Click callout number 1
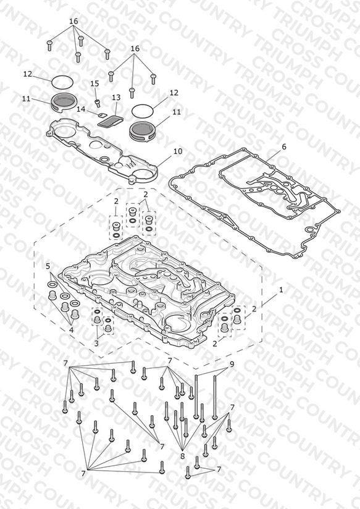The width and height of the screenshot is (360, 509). click(x=281, y=290)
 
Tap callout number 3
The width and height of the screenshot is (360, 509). click(x=96, y=343)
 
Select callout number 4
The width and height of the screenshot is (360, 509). click(x=71, y=330)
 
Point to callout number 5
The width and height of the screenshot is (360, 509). click(x=48, y=266)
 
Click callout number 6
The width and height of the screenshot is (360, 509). click(x=284, y=147)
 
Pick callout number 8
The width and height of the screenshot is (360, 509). click(x=182, y=456)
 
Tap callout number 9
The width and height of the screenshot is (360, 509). click(x=232, y=364)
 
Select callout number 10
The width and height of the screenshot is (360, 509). click(x=178, y=151)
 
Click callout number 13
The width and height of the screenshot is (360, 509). click(x=116, y=98)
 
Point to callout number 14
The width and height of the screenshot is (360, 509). click(x=81, y=109)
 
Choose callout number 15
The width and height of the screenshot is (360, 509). click(x=94, y=84)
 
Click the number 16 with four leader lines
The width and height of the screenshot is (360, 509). click(x=73, y=21)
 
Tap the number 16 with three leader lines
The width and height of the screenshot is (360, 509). click(x=135, y=48)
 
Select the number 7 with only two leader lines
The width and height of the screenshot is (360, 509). click(x=219, y=469)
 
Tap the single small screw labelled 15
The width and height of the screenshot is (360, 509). click(x=97, y=103)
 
